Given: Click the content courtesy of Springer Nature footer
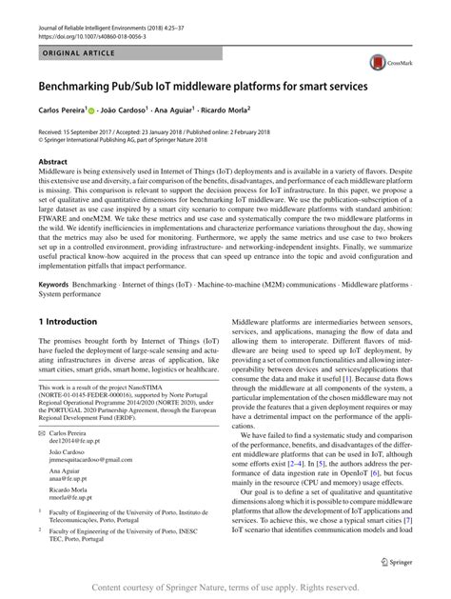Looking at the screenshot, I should click(225, 588).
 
